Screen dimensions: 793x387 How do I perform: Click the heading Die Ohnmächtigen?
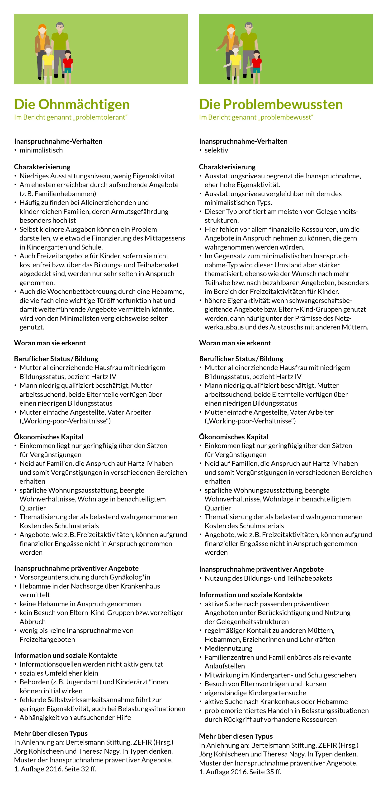[x=72, y=104]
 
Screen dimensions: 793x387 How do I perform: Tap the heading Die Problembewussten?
[x=271, y=104]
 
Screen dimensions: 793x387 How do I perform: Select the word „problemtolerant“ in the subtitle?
[x=100, y=117]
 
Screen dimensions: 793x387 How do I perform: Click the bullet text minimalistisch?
[x=41, y=150]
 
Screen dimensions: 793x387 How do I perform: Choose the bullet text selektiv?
[x=216, y=150]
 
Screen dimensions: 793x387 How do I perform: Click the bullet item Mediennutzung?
[x=228, y=648]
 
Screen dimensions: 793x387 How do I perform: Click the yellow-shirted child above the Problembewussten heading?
[x=235, y=60]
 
